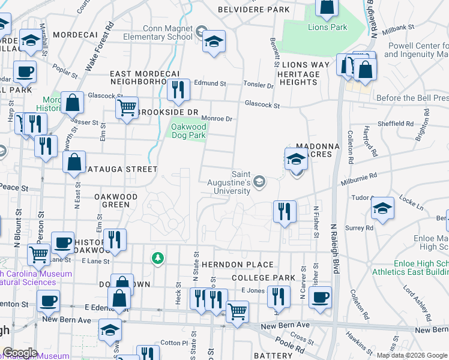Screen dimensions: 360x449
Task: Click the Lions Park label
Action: click(x=328, y=27)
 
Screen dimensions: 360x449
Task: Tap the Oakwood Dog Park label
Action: click(x=188, y=131)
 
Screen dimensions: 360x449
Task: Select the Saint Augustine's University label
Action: click(x=229, y=186)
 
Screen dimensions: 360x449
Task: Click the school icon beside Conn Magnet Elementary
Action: click(x=214, y=41)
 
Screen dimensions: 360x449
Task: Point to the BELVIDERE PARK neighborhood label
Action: click(x=253, y=10)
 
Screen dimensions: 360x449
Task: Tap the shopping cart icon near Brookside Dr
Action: click(x=127, y=108)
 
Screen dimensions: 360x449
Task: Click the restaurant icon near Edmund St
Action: click(x=178, y=90)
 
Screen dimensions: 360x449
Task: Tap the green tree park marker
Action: click(x=157, y=258)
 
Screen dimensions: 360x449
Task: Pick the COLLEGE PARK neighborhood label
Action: click(x=263, y=278)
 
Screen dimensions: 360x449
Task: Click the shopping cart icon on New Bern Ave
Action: click(x=238, y=311)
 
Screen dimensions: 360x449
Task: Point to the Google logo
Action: click(x=20, y=353)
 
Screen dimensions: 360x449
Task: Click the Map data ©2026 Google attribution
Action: click(x=411, y=355)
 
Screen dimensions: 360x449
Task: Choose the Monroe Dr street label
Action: click(x=216, y=119)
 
